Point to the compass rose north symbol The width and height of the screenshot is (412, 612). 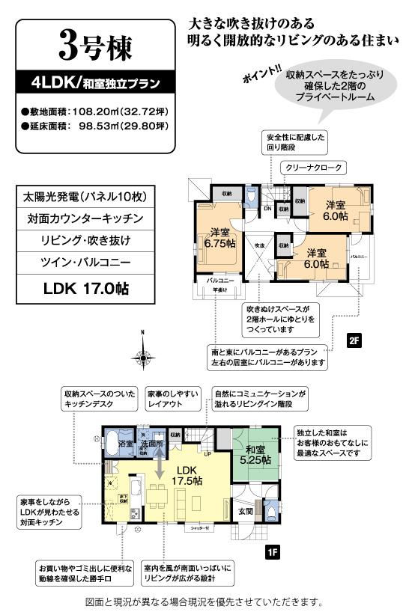(142, 358)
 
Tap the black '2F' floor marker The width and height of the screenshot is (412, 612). (354, 340)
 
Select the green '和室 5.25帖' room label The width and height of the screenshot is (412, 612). (255, 455)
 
